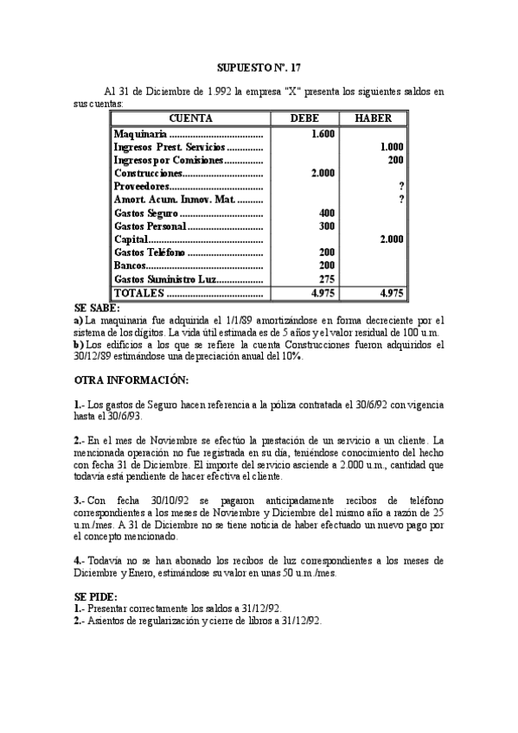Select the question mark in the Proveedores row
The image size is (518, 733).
[402, 186]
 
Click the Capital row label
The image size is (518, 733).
[131, 239]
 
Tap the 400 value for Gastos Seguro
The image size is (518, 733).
[326, 213]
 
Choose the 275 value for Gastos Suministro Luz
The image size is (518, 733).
[326, 278]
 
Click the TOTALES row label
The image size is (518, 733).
[138, 293]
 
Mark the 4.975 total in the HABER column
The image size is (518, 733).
[391, 293]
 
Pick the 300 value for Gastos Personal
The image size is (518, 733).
[326, 226]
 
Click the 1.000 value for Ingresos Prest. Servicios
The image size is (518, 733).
[392, 147]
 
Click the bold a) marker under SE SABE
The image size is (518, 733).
[79, 320]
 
